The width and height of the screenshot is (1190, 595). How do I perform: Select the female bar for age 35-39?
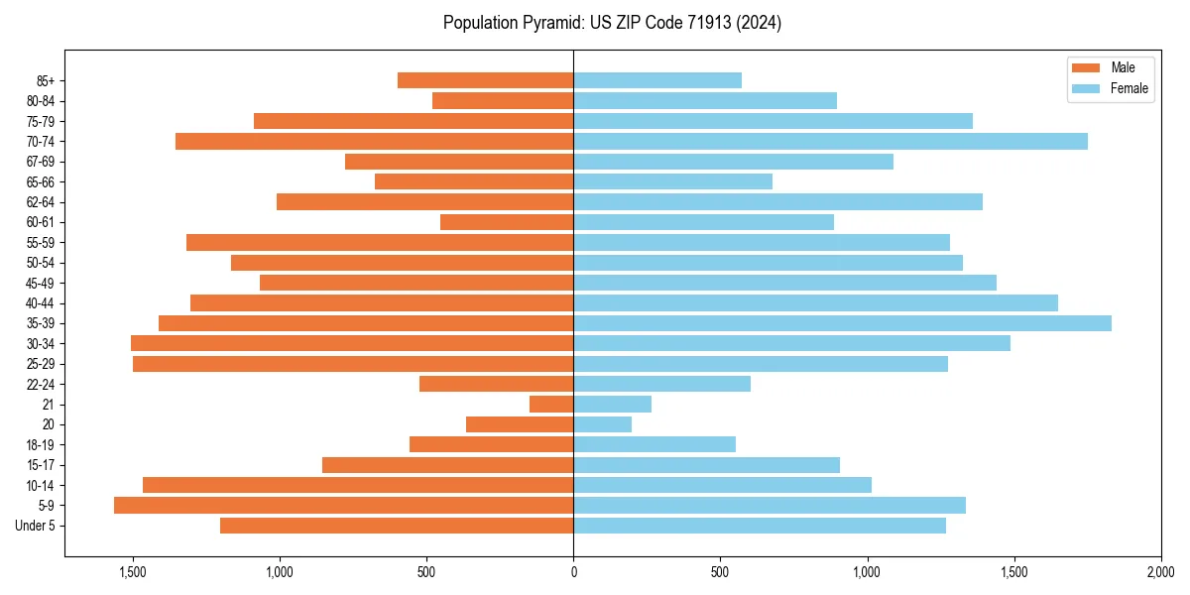point(842,323)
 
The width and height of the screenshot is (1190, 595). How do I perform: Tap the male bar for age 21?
point(551,405)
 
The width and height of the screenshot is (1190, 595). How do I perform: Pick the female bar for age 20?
point(602,424)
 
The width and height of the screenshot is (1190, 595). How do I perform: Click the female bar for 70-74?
point(830,141)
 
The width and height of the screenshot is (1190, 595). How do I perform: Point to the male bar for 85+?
point(485,80)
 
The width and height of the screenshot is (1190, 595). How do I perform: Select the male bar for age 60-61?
point(507,222)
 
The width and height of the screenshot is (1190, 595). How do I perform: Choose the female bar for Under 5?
point(760,526)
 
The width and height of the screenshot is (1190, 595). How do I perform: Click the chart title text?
point(612,23)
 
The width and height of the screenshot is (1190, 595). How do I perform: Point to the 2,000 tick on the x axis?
point(1161,571)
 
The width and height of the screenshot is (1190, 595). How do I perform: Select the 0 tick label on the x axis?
point(573,571)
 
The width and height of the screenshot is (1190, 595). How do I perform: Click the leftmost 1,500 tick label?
point(133,571)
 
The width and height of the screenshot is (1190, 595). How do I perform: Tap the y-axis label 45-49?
point(41,283)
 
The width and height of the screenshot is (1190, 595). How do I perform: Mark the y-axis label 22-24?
point(41,384)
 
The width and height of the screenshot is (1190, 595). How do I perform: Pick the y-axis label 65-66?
point(41,181)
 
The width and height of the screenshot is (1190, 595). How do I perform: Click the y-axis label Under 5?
point(36,526)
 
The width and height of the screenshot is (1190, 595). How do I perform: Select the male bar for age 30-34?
point(352,343)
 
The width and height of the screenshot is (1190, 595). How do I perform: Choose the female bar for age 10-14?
point(722,485)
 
